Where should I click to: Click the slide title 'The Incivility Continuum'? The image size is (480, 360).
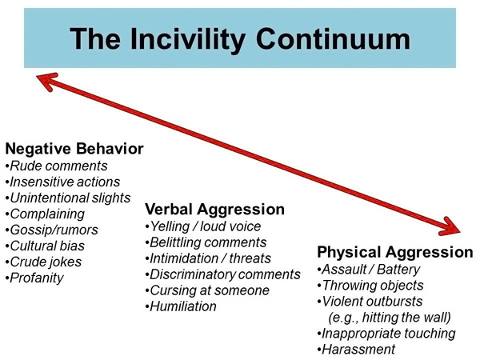click(x=240, y=38)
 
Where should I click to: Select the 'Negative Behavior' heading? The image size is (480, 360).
click(x=74, y=149)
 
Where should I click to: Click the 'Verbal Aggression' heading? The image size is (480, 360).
click(x=214, y=209)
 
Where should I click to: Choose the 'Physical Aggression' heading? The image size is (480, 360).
click(x=395, y=253)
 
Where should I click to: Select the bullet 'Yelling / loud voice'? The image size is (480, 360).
click(x=206, y=226)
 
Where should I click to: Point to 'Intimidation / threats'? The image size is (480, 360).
click(x=210, y=258)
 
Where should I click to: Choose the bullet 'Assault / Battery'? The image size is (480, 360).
click(x=370, y=270)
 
